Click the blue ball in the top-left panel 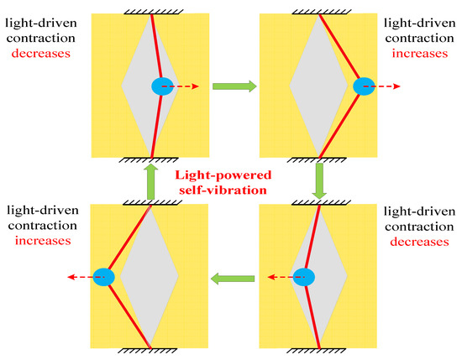point(163,86)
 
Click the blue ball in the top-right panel point(365,86)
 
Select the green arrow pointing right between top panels point(228,86)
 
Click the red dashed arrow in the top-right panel point(388,86)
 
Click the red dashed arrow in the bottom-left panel point(80,276)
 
